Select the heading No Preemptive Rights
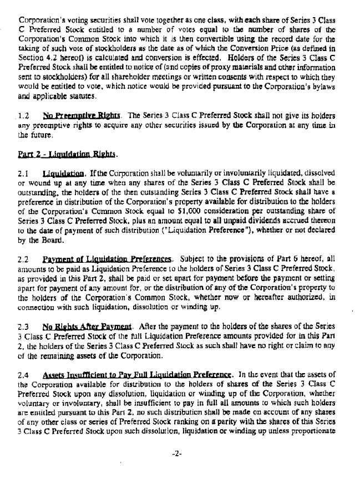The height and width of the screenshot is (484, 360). pos(82,116)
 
